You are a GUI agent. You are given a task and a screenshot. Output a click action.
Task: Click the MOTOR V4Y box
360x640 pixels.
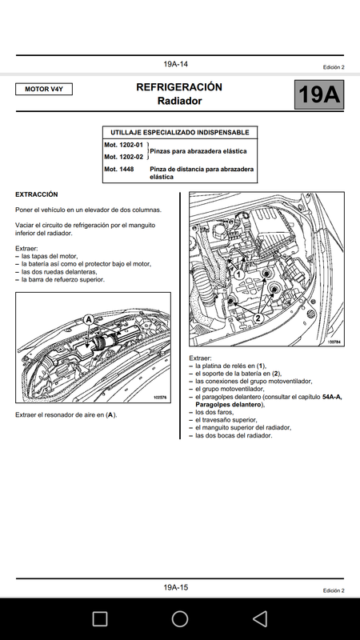click(x=44, y=89)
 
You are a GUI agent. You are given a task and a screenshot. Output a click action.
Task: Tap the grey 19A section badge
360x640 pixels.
click(x=318, y=94)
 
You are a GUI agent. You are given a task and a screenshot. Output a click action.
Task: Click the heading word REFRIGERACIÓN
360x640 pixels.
click(x=179, y=87)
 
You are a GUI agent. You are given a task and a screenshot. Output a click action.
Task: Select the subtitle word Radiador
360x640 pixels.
click(x=179, y=101)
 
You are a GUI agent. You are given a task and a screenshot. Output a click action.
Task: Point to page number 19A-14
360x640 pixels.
click(x=176, y=64)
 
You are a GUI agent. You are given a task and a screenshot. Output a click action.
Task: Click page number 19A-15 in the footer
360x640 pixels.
click(x=176, y=588)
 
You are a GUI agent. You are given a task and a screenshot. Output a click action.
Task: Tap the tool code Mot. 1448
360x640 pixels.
click(x=119, y=169)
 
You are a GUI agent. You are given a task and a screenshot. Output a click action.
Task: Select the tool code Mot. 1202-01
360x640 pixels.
click(x=124, y=145)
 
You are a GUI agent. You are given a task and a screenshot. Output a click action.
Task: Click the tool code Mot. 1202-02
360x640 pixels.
click(x=124, y=157)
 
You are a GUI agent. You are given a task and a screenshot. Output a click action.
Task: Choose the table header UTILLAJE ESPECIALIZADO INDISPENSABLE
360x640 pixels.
click(x=179, y=133)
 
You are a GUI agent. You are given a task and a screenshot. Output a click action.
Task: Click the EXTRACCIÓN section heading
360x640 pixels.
click(x=37, y=194)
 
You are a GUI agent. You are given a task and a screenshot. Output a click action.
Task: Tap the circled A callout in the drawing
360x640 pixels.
click(x=89, y=319)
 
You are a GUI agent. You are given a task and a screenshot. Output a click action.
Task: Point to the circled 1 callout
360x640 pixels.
click(x=239, y=275)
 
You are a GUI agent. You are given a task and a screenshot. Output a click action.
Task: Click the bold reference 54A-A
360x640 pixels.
click(x=332, y=397)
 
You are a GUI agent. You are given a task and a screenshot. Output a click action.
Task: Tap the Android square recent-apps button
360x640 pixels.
click(x=100, y=618)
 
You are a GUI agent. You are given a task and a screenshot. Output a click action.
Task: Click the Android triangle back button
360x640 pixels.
click(x=260, y=618)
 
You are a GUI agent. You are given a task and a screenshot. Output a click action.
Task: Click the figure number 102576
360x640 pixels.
click(x=162, y=397)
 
